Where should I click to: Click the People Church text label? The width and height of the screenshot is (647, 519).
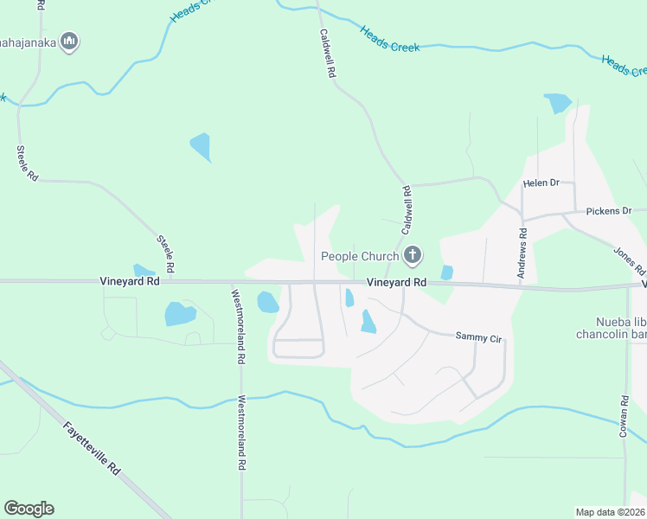[360, 256]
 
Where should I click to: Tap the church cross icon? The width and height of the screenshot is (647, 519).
[413, 255]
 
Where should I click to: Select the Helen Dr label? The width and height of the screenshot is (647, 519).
[542, 183]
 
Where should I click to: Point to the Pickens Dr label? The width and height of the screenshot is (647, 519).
[609, 211]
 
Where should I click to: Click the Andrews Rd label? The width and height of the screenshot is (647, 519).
[522, 253]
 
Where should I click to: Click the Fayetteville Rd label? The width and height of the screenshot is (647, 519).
[90, 446]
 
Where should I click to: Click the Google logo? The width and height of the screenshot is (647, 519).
[29, 509]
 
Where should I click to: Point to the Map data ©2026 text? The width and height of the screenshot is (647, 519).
[611, 511]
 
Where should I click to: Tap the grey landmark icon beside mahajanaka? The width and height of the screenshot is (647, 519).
[71, 42]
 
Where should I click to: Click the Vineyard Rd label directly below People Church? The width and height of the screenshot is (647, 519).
[396, 283]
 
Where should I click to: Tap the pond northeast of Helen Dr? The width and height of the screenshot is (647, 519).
[558, 103]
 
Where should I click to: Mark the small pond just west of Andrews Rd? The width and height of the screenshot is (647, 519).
[446, 272]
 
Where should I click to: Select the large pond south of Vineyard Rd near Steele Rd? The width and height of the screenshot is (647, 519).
[179, 313]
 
